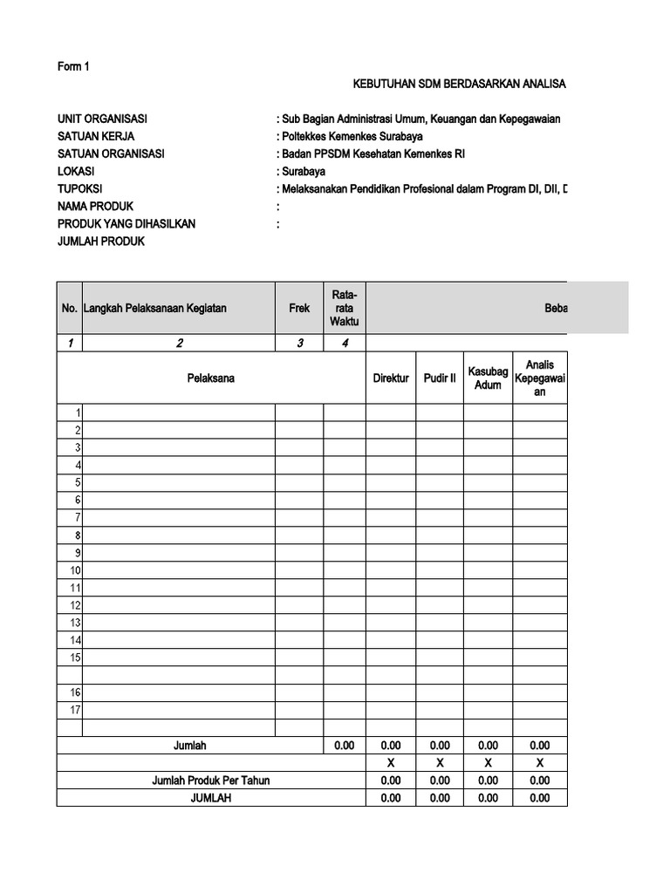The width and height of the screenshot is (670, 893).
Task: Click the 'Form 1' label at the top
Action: (73, 67)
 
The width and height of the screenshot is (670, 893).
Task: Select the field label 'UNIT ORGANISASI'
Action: (101, 119)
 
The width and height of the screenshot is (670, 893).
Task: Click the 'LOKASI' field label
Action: (76, 172)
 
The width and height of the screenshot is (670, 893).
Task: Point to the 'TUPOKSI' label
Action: (79, 189)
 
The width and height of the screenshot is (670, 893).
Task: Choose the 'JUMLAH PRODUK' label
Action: (101, 242)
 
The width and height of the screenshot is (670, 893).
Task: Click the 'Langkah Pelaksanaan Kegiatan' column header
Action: (155, 308)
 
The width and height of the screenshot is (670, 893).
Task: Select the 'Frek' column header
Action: (299, 308)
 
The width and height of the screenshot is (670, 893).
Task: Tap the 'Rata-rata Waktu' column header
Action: (345, 308)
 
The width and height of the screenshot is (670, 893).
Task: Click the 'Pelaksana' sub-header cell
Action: (210, 378)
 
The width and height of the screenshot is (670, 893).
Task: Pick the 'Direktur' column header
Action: (390, 378)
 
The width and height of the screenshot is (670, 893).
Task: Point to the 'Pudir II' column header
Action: (440, 378)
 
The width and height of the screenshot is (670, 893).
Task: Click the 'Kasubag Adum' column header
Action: (488, 378)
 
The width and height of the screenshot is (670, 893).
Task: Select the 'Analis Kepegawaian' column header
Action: (540, 378)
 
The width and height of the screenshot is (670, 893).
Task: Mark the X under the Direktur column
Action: (390, 763)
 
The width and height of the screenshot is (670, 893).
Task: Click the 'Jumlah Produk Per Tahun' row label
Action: (210, 781)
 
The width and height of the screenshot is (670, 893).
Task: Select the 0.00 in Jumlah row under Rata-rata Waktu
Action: (345, 746)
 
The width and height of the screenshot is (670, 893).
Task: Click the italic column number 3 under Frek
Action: (299, 343)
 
